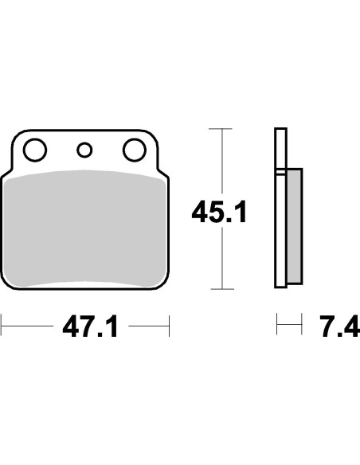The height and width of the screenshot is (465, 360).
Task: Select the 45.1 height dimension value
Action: point(219,212)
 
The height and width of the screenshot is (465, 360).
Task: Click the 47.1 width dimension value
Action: point(91,326)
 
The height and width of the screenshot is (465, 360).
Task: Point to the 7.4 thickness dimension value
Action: point(340,326)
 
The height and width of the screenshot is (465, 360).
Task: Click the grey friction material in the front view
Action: point(84,229)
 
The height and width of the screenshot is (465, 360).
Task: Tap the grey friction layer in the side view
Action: point(295,226)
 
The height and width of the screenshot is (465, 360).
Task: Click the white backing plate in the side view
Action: point(280,208)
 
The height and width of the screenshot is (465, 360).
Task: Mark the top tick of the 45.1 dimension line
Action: point(221,129)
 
